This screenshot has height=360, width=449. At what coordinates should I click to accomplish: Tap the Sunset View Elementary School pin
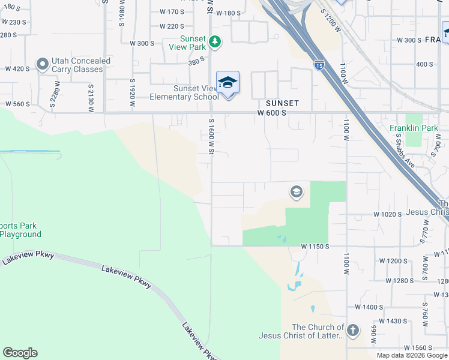[228, 82]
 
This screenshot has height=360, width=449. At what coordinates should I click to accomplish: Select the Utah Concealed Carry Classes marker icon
[42, 64]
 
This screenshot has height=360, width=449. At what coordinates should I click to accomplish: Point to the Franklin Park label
[414, 128]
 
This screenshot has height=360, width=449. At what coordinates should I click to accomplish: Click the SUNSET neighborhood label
[283, 103]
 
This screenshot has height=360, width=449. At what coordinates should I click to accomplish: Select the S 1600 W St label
[211, 136]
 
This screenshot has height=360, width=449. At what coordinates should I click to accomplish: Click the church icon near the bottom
[353, 330]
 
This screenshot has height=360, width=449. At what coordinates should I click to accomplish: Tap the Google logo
[20, 353]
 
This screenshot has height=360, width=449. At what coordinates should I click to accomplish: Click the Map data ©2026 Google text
[411, 355]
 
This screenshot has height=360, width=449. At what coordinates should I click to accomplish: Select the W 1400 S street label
[369, 307]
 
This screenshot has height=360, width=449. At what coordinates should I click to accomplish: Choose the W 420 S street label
[17, 68]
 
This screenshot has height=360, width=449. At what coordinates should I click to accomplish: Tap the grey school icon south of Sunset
[295, 192]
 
